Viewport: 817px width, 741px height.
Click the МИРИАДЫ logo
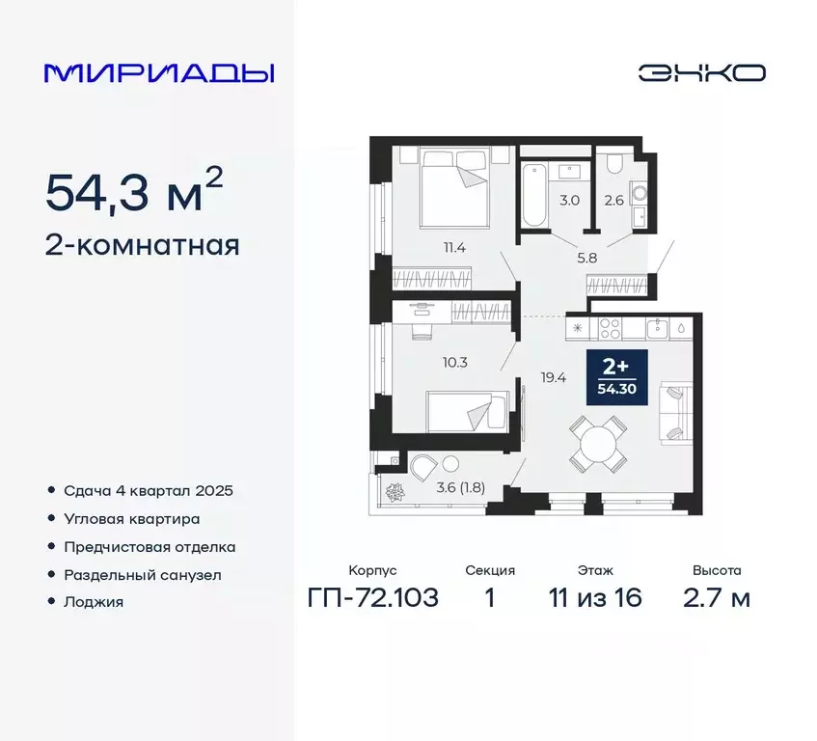[x=159, y=73]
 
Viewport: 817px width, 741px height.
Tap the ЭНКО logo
[x=701, y=73]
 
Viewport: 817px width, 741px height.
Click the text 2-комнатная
[x=142, y=245]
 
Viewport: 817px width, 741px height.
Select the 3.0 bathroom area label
[x=569, y=201]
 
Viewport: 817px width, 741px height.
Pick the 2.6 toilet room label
[x=613, y=201]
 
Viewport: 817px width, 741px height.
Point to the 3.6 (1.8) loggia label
[x=460, y=486]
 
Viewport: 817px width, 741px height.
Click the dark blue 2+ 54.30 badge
[x=616, y=377]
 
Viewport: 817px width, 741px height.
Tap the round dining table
[x=595, y=445]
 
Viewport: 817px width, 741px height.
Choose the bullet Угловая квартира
[x=131, y=518]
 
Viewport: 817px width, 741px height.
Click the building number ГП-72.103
[x=372, y=598]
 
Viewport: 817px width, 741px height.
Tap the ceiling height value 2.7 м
[x=716, y=598]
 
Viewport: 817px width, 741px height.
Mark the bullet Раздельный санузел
[x=142, y=574]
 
